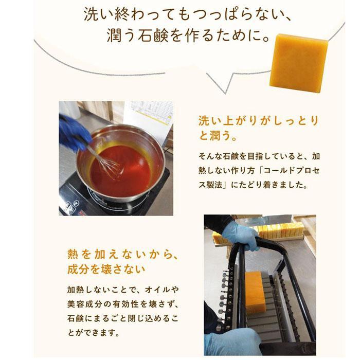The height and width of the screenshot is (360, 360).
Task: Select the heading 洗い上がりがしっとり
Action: [x=258, y=121]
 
